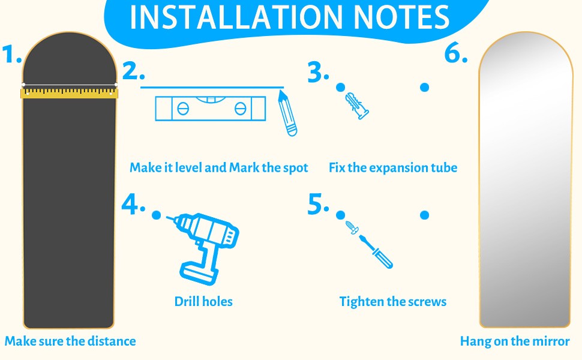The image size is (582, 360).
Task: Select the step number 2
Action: pos(133,71)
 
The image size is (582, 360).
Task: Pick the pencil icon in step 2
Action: pos(287,113)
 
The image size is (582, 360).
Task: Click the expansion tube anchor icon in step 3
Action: pos(356,106)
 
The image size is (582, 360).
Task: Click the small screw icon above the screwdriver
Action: pos(352,227)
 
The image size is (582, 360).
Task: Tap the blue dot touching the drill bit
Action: pos(156,215)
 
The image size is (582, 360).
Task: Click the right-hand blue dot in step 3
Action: pos(425,87)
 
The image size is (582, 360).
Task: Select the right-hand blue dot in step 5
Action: pos(425,215)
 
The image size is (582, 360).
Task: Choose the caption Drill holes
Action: pos(203,301)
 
